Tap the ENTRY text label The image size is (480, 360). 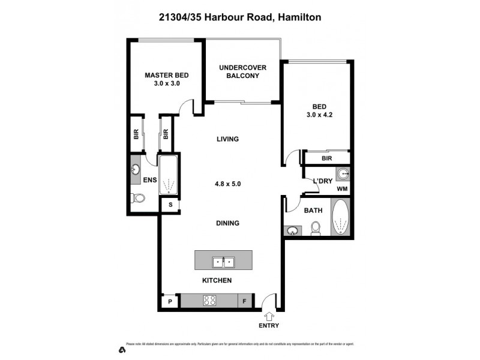[268, 326]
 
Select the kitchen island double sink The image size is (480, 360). [223, 262]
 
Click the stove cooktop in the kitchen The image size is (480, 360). [211, 301]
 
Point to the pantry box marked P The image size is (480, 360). [170, 302]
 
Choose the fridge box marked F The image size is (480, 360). [245, 302]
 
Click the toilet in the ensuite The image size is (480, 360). [139, 198]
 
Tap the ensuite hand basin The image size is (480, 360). [135, 169]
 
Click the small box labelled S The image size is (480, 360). [170, 205]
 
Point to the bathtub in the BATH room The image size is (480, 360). [340, 218]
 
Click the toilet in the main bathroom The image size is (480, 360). [316, 229]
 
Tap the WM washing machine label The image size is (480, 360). [342, 189]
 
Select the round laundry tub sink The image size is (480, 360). [342, 173]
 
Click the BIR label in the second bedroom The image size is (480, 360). [327, 159]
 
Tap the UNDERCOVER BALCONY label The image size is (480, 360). [242, 71]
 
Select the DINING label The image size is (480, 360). [227, 223]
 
